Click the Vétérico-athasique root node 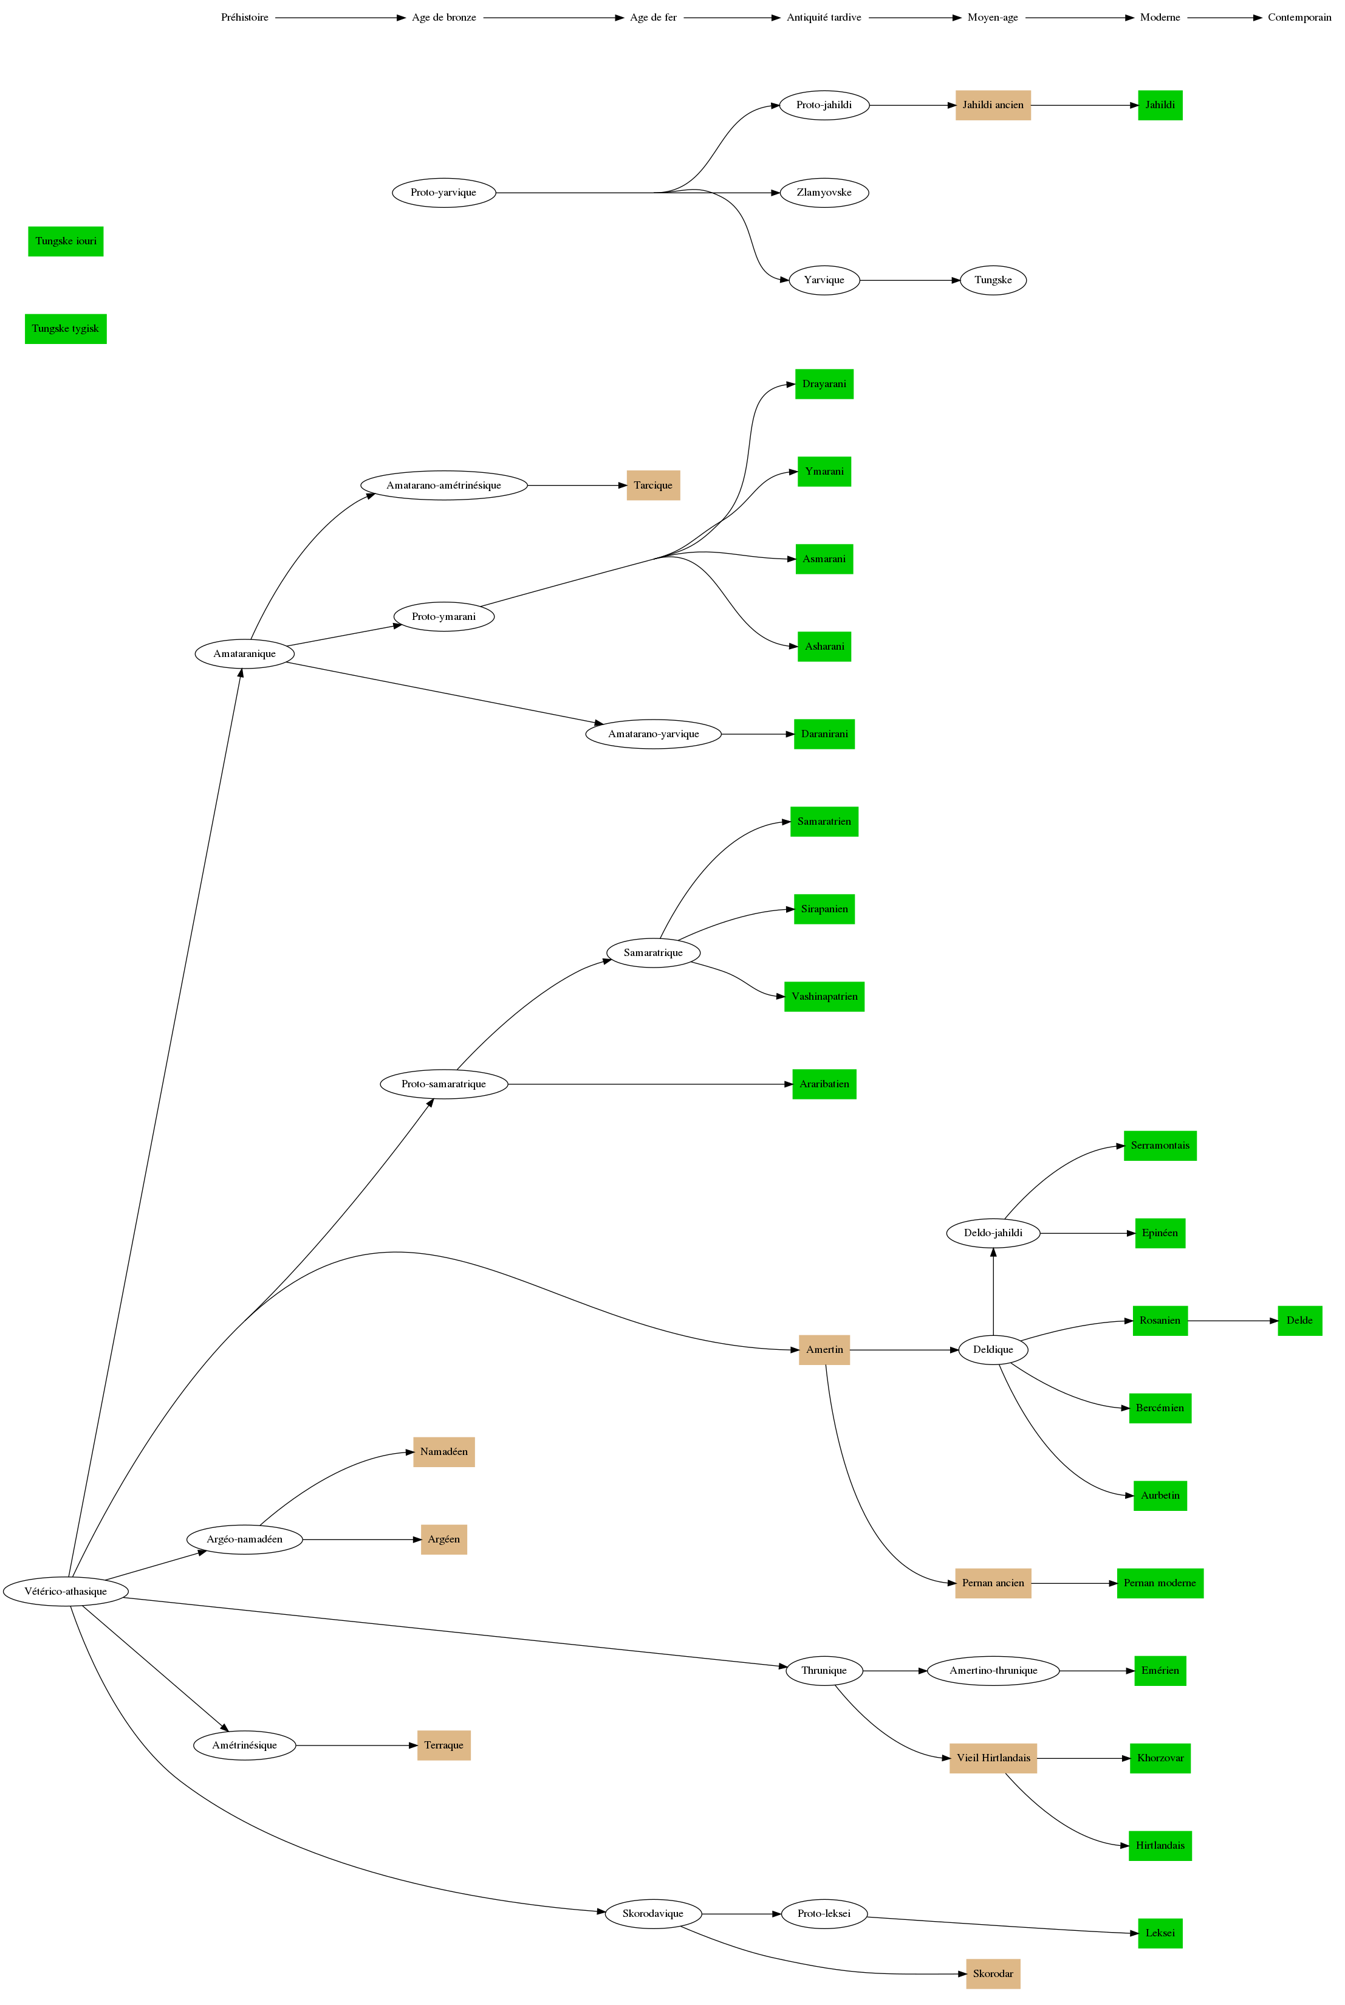click(x=66, y=1592)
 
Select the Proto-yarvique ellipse click(x=443, y=192)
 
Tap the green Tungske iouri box click(x=66, y=241)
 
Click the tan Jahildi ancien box click(x=993, y=105)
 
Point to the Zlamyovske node click(x=824, y=192)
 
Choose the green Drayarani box click(x=824, y=383)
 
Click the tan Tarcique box click(x=653, y=485)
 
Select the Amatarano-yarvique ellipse click(x=653, y=734)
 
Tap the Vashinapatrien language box click(x=824, y=996)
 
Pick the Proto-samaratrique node click(x=443, y=1084)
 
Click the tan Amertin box click(x=824, y=1350)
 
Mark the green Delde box click(x=1299, y=1321)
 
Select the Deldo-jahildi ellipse click(x=993, y=1233)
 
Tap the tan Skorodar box click(x=993, y=1973)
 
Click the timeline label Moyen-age click(x=993, y=17)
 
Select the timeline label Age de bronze click(x=443, y=17)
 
